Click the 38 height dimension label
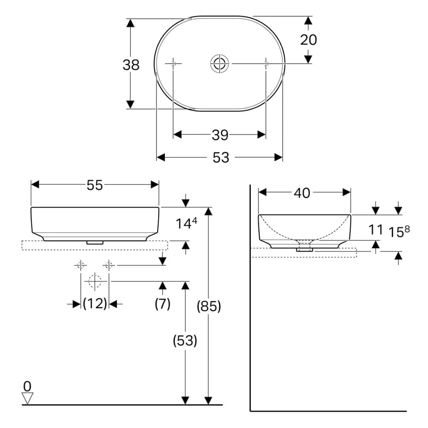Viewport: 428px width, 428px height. coord(131,65)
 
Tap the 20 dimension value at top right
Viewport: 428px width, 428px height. coord(309,40)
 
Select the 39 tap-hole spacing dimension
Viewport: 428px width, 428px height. coord(220,135)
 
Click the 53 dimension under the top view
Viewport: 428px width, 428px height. coord(221,158)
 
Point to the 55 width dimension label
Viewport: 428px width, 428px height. coord(95,185)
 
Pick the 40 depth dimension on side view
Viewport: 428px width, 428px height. coord(302,193)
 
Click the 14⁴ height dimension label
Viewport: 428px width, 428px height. coord(186,223)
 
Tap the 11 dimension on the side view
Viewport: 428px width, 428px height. coord(376,229)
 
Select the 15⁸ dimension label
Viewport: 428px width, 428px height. coord(399,232)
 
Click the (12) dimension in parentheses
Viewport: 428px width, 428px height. coord(95,304)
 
